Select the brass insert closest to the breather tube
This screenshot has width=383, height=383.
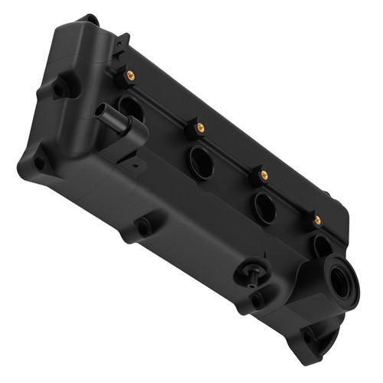click(x=130, y=75)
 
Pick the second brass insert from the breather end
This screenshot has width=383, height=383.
click(x=200, y=126)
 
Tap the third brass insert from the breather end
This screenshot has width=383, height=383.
click(x=264, y=175)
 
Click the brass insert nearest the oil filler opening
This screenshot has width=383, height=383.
click(x=317, y=221)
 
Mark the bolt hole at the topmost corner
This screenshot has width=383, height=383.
click(x=90, y=20)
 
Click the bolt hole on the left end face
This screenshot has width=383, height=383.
click(x=58, y=89)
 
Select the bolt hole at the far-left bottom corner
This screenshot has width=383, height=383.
click(x=38, y=162)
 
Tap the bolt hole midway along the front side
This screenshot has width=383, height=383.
click(x=142, y=228)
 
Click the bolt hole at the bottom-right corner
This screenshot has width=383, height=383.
click(x=309, y=336)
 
